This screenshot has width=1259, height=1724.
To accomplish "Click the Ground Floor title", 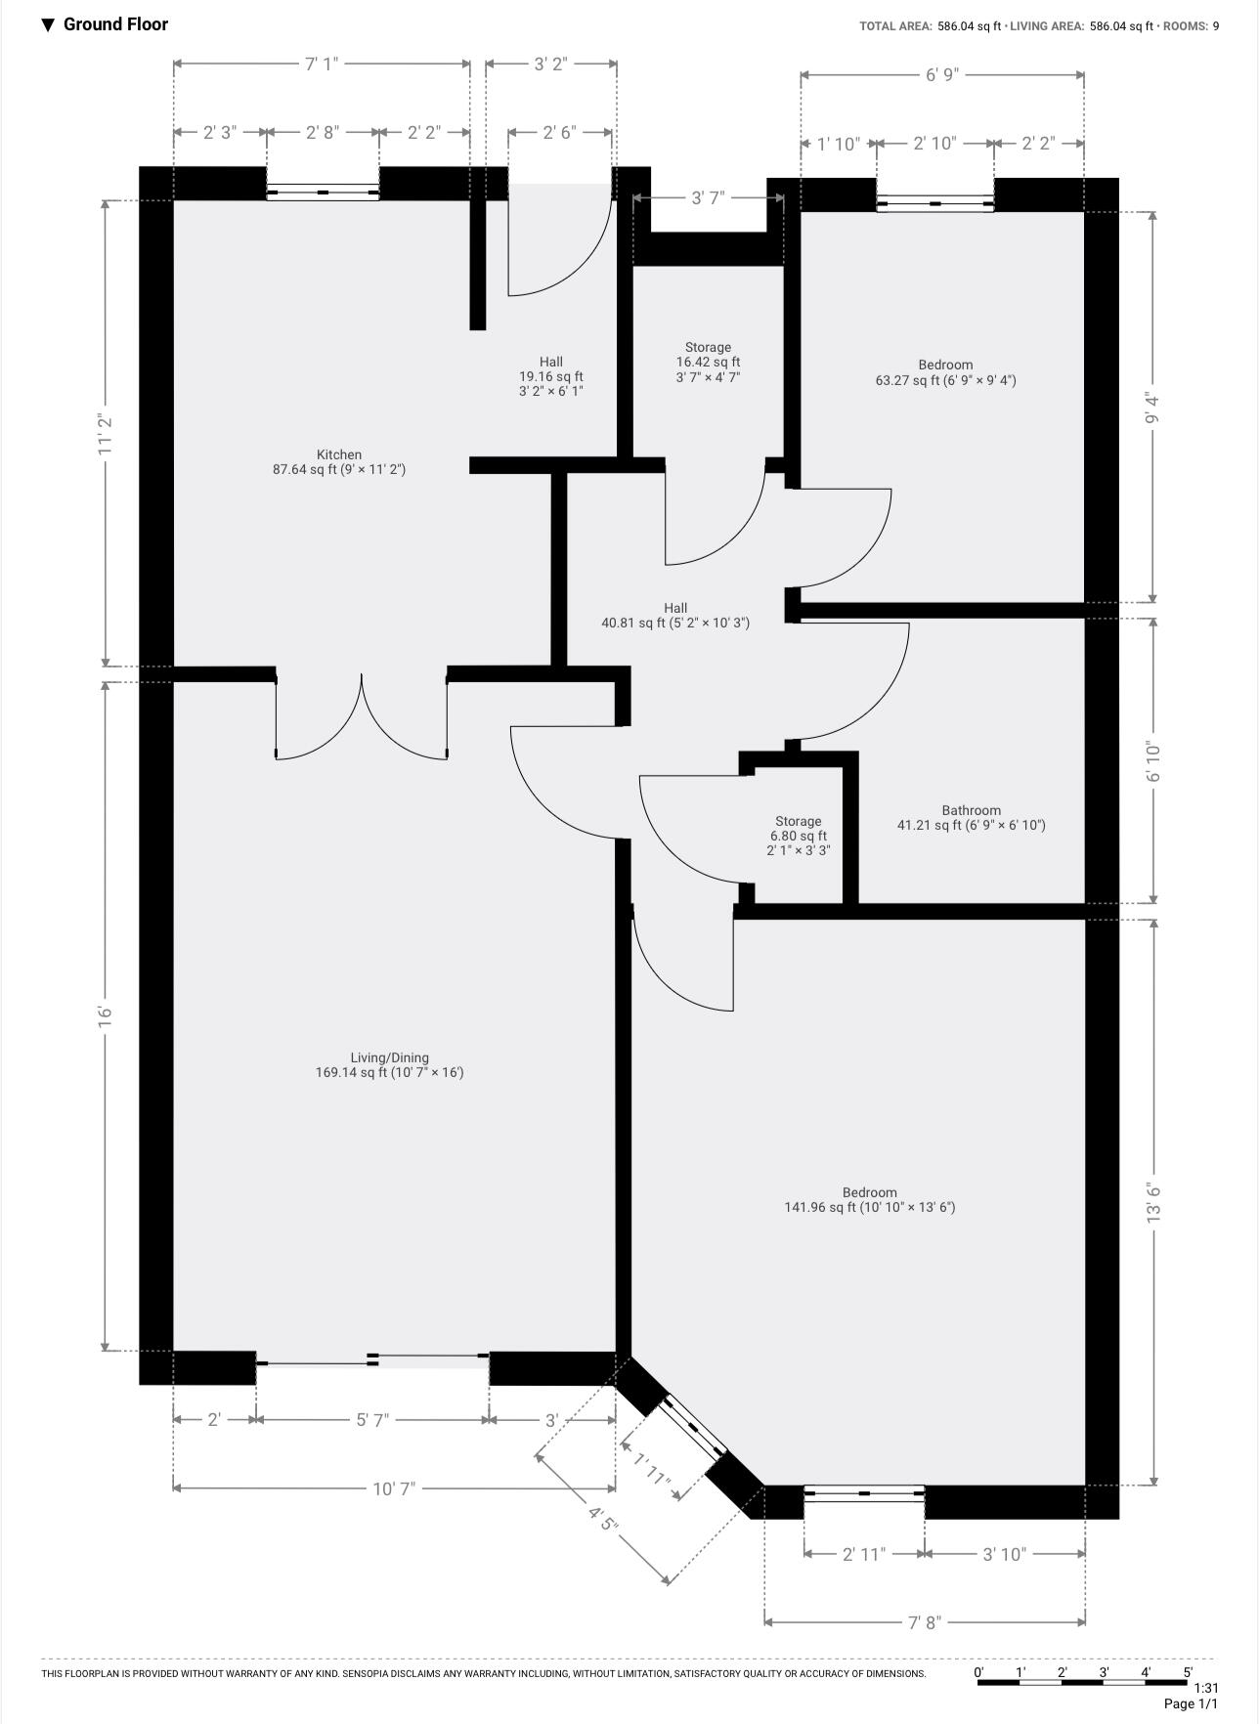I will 115,24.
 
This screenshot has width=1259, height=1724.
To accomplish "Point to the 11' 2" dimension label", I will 107,433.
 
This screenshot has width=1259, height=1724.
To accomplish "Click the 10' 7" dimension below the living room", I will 394,1488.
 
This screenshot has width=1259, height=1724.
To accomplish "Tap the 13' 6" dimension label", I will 1154,1202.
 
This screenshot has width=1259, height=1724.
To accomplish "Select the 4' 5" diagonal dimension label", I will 603,1517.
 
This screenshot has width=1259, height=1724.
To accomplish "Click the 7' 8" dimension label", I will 924,1622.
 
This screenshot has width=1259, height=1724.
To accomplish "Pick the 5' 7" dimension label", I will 372,1420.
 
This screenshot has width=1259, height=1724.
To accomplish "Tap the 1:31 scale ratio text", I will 1206,1688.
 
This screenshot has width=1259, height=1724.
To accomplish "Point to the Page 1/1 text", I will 1191,1704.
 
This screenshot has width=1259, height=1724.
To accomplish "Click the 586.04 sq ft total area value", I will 969,26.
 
